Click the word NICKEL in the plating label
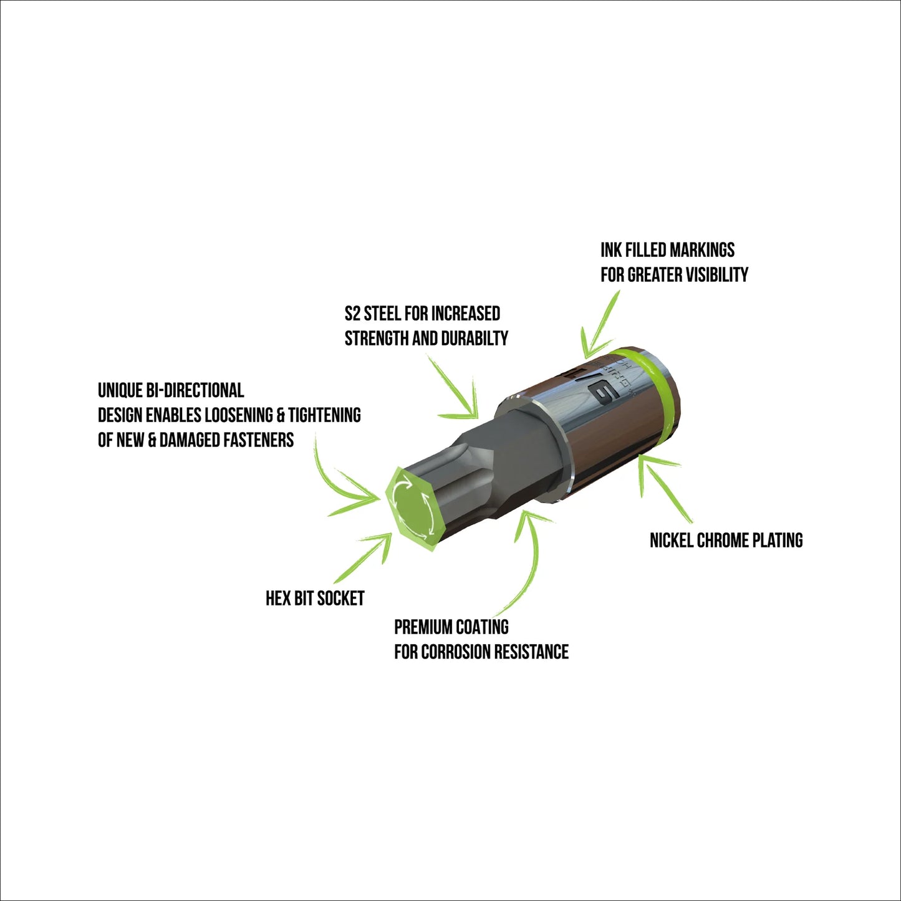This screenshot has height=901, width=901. tap(671, 540)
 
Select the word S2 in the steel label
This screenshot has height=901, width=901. tap(352, 313)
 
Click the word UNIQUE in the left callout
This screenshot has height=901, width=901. tap(120, 390)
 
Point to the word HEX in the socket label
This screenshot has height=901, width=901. tap(278, 599)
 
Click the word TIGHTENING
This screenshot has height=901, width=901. tap(324, 415)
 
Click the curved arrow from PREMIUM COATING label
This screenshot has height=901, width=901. tap(527, 561)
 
